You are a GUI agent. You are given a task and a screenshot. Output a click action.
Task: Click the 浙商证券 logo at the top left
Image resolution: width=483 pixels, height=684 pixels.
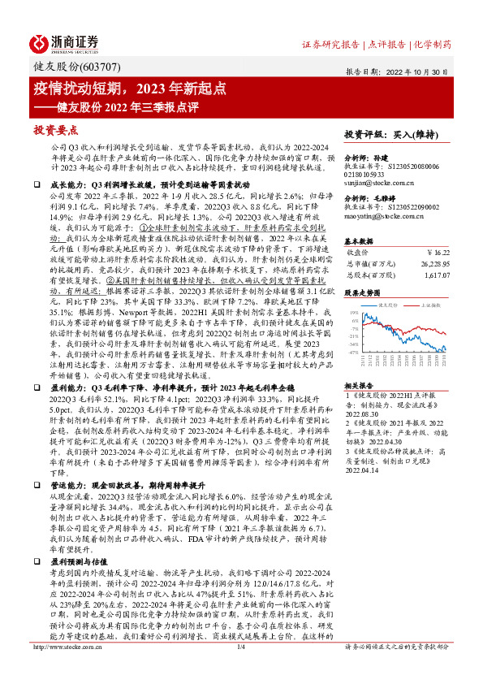point(64,43)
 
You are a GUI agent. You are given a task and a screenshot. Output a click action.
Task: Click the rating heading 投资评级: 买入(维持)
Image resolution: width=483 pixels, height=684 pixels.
point(386,133)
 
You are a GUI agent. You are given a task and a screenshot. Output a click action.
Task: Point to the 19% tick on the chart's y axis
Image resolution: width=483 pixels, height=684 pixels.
point(354,311)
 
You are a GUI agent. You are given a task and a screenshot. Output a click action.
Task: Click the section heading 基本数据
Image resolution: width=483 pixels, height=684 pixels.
point(358,241)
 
